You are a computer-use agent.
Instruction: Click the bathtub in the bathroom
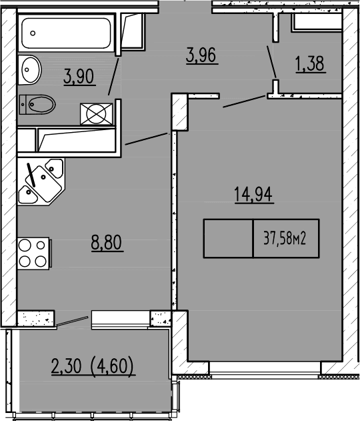pyautogui.click(x=67, y=33)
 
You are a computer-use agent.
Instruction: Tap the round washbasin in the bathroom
pyautogui.click(x=29, y=69)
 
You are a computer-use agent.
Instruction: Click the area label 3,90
pyautogui.click(x=79, y=77)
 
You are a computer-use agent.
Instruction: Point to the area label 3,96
pyautogui.click(x=203, y=55)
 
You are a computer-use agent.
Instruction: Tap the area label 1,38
pyautogui.click(x=310, y=64)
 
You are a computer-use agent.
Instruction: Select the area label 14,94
pyautogui.click(x=254, y=195)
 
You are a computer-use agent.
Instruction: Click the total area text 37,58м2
pyautogui.click(x=285, y=238)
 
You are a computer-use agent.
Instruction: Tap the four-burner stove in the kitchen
pyautogui.click(x=33, y=253)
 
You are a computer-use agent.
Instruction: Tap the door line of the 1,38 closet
pyautogui.click(x=273, y=61)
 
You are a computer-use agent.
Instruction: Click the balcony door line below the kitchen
pyautogui.click(x=72, y=321)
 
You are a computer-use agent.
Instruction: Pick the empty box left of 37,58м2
pyautogui.click(x=228, y=238)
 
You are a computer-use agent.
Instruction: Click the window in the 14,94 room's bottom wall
pyautogui.click(x=265, y=367)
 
